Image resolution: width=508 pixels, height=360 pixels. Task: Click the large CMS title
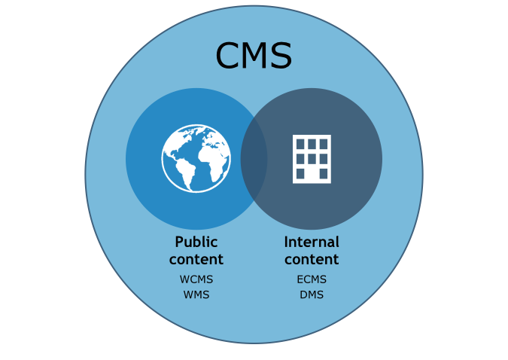coord(254,56)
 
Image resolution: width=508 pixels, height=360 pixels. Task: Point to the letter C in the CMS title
coord(228,56)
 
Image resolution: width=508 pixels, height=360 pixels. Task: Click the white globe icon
coord(196,158)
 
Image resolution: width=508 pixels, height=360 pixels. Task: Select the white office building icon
coord(312,159)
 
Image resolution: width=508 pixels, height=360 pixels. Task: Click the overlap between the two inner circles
coord(254,159)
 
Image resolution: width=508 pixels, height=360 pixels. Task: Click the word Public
coord(196,243)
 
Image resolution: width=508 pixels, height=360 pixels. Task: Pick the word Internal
coord(312,243)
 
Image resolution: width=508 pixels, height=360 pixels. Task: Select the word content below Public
coord(196,260)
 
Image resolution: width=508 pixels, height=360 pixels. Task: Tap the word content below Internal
coord(312,260)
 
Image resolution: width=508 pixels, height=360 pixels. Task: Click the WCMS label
coord(196,279)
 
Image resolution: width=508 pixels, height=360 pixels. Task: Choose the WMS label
coord(196,294)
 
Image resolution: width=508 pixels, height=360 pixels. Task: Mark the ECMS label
coord(312,279)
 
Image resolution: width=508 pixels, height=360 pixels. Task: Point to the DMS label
coord(312,294)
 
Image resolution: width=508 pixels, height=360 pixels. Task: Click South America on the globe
coord(184,174)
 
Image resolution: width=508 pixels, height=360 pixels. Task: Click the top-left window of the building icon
coord(300,144)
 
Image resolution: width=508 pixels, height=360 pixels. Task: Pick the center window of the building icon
coord(312,159)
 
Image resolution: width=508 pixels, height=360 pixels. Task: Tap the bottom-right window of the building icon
coord(324,173)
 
